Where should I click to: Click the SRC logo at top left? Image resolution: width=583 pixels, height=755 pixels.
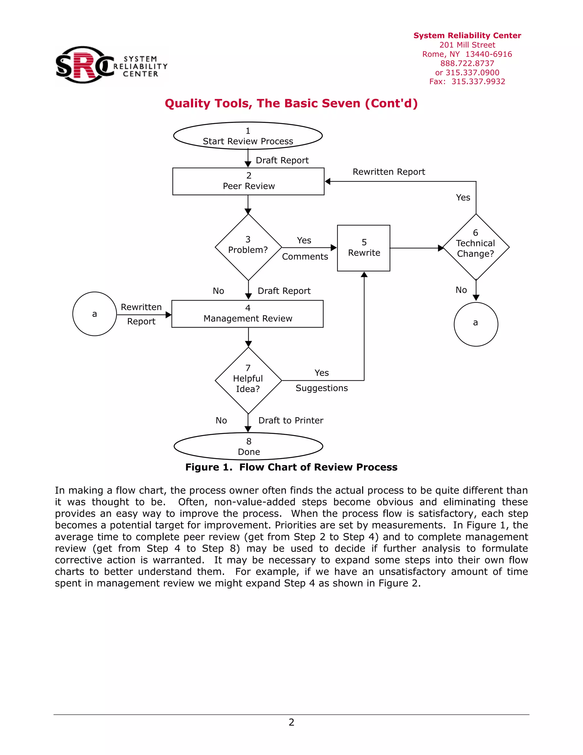tap(111, 65)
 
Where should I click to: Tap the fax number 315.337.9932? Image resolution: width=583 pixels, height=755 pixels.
tap(478, 81)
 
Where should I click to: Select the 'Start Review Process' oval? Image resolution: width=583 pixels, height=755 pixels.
tap(248, 136)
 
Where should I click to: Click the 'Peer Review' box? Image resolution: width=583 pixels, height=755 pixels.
tap(248, 181)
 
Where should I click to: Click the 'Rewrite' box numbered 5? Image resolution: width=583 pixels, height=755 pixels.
tap(364, 248)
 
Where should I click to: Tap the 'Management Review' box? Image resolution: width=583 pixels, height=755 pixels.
tap(248, 314)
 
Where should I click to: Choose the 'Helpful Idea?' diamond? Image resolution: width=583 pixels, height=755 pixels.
tap(248, 380)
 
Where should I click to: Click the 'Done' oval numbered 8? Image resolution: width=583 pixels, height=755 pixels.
tap(248, 446)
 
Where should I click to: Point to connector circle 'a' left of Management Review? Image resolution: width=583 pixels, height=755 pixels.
tap(95, 314)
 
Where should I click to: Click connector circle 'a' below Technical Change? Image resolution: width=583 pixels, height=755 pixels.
tap(476, 324)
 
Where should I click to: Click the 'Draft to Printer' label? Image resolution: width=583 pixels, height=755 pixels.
tap(291, 420)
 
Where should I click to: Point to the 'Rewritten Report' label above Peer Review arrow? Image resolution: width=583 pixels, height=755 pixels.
tap(389, 172)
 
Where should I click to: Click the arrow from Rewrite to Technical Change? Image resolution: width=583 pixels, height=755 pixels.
tap(416, 248)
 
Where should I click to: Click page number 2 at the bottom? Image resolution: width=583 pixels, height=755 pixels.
tap(291, 722)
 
